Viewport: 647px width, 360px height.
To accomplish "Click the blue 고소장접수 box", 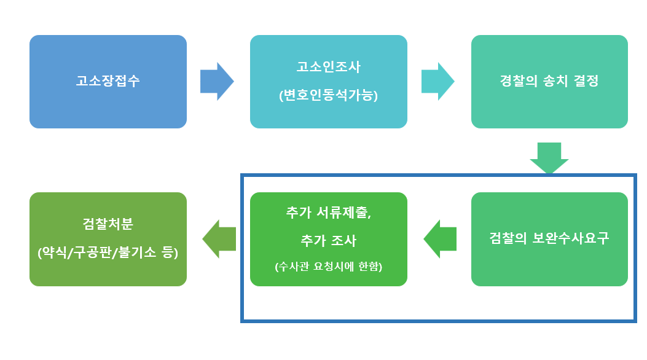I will [108, 82].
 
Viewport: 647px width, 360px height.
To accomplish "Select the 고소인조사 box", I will [328, 82].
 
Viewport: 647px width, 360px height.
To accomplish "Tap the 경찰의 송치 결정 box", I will [549, 82].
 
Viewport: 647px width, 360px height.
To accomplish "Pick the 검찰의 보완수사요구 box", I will [549, 239].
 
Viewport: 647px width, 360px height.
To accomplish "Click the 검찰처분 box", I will [108, 239].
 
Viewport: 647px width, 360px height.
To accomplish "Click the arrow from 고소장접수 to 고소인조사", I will [217, 81].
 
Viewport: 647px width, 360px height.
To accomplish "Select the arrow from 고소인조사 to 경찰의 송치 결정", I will [437, 81].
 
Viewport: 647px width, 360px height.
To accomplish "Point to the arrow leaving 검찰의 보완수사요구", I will [440, 239].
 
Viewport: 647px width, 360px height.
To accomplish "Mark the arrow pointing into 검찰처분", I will [219, 239].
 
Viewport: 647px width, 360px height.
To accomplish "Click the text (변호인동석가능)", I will [328, 96].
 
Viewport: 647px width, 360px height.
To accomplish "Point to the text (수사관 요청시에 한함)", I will [328, 266].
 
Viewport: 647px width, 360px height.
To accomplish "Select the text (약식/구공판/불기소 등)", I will [108, 252].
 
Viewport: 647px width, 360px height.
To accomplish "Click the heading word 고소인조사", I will [328, 66].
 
